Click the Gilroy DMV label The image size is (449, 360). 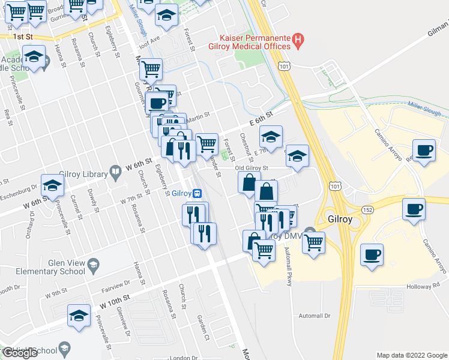282,235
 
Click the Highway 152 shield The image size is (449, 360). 367,208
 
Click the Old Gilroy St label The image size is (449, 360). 250,168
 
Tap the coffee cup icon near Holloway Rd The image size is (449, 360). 372,254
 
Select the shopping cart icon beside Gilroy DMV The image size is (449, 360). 313,243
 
